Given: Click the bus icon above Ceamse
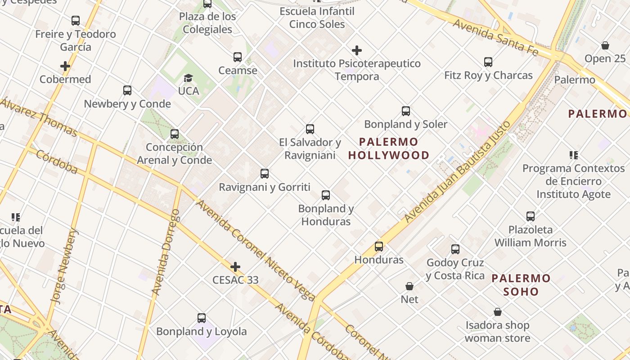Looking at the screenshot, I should (238, 57).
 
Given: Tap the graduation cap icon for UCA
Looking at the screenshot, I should (188, 78).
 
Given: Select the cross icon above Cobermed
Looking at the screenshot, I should (65, 66).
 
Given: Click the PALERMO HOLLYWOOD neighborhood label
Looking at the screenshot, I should (389, 148).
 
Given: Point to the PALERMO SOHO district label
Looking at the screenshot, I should (521, 285).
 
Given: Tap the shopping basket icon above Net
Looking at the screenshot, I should (409, 286).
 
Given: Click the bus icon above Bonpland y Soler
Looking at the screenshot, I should (406, 111).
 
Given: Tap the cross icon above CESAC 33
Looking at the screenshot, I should (235, 267).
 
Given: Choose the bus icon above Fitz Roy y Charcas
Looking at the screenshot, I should (488, 62).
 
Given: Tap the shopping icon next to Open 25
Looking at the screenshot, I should (605, 45).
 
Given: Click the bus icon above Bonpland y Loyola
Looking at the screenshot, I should (202, 318).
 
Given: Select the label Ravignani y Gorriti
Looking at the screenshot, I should (265, 187).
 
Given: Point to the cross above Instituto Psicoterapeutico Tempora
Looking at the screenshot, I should (357, 50).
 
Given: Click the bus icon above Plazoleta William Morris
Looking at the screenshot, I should (531, 216).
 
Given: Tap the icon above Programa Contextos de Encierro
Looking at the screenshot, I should (573, 155).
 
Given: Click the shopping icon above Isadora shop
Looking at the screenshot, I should (498, 312).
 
